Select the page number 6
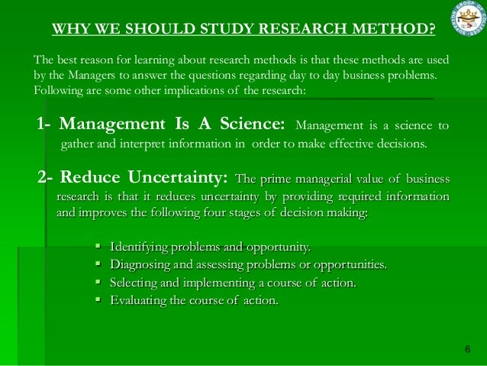click(x=467, y=349)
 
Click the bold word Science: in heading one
click(x=251, y=125)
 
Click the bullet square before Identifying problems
click(x=98, y=246)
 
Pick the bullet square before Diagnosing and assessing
click(x=98, y=264)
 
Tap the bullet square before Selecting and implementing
click(x=98, y=283)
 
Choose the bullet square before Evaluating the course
click(x=98, y=300)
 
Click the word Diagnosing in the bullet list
click(x=140, y=264)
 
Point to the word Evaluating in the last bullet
click(x=138, y=300)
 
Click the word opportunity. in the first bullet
click(x=278, y=246)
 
